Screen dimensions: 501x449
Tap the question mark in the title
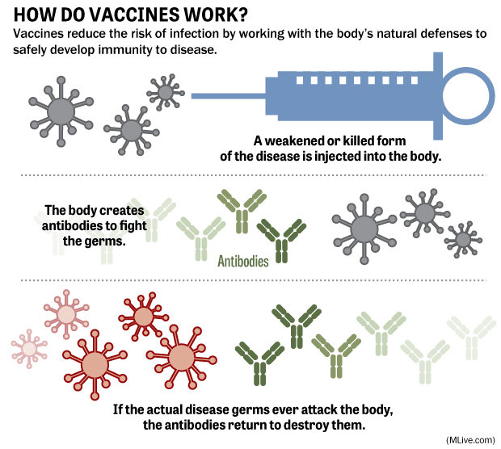point(242,15)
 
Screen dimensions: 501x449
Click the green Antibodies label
point(243,261)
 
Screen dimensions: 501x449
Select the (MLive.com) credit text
point(470,440)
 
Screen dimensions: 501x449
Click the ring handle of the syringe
point(469,96)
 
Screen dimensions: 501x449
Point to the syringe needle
point(229,96)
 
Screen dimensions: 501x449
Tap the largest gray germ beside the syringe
point(61,111)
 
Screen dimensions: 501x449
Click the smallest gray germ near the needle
point(166,92)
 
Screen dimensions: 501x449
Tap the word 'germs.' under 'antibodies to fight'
point(94,241)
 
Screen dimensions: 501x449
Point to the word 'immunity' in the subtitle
point(126,50)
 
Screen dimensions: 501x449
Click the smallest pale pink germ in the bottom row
point(29,349)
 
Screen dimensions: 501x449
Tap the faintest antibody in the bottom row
point(471,338)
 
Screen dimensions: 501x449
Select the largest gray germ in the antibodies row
point(364,229)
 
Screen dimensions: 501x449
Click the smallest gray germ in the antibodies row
point(463,240)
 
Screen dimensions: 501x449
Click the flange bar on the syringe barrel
point(438,96)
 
